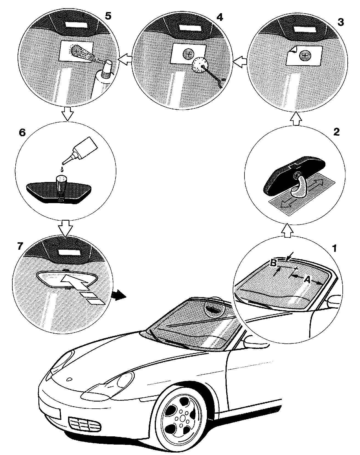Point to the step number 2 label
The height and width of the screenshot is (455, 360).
point(336,132)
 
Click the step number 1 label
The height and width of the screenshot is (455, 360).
point(334,248)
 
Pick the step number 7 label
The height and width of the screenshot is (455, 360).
point(19,246)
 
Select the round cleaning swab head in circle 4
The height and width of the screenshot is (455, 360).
point(200,66)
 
